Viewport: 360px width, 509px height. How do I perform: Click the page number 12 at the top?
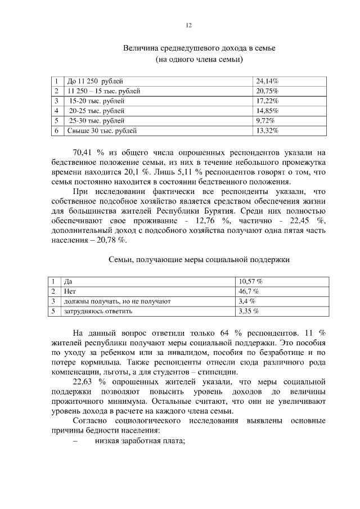pos(189,25)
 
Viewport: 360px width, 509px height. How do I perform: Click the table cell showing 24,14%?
pos(267,81)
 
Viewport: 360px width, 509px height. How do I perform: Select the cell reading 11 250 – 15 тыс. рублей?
pos(103,91)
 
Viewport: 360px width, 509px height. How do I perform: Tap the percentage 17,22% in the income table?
pos(267,101)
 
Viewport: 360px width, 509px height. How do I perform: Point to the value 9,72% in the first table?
pos(265,121)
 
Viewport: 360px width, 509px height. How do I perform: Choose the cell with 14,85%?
pos(267,111)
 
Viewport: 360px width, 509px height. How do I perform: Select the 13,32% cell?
pos(267,131)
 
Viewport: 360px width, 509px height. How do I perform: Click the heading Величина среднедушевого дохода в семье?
pos(199,48)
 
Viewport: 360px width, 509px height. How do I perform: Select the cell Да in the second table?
pos(69,281)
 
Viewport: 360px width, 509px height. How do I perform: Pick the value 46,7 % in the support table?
pos(249,291)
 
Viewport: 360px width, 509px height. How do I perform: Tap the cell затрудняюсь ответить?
pos(98,310)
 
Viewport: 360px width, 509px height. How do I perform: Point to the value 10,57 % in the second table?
pos(250,281)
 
